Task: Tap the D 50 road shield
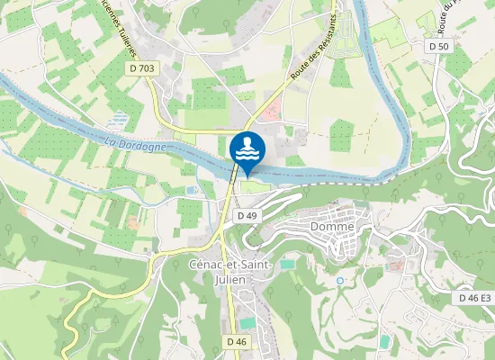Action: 438,45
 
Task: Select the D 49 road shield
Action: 247,216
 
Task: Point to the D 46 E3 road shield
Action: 473,298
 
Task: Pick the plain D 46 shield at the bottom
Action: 237,341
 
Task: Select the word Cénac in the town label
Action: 209,264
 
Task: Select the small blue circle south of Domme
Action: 340,281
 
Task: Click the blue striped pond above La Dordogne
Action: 118,118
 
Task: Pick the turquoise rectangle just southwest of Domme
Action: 287,265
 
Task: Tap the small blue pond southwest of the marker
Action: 192,190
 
